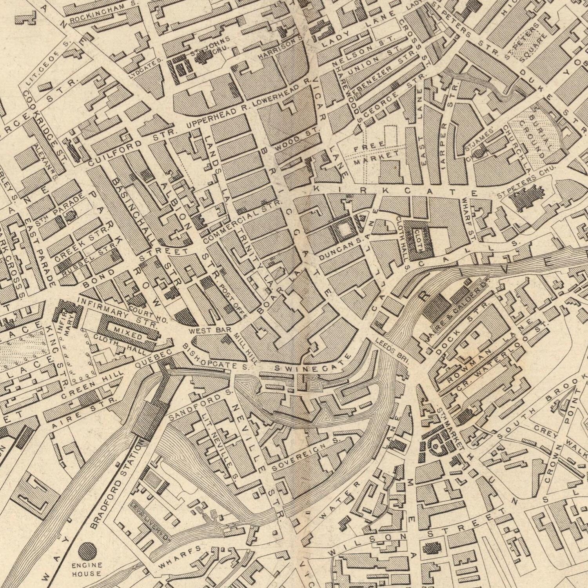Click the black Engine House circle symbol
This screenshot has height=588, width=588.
87,551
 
